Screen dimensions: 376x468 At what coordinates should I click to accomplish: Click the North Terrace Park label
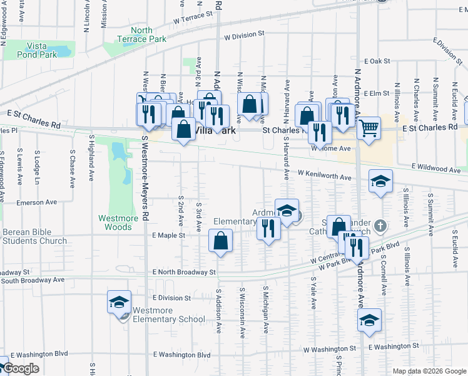point(142,34)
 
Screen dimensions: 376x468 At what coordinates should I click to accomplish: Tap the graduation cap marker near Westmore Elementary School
point(119,303)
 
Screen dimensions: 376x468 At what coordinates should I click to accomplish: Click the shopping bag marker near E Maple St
point(221,241)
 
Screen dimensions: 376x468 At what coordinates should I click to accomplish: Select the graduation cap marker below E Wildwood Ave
point(380,182)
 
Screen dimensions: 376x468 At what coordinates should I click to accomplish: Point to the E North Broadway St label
point(184,272)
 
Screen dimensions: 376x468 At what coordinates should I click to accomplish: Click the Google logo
point(21,368)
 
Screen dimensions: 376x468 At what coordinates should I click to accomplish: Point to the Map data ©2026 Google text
point(429,371)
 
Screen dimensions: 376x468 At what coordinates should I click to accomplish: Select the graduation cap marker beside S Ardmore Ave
point(369,320)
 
